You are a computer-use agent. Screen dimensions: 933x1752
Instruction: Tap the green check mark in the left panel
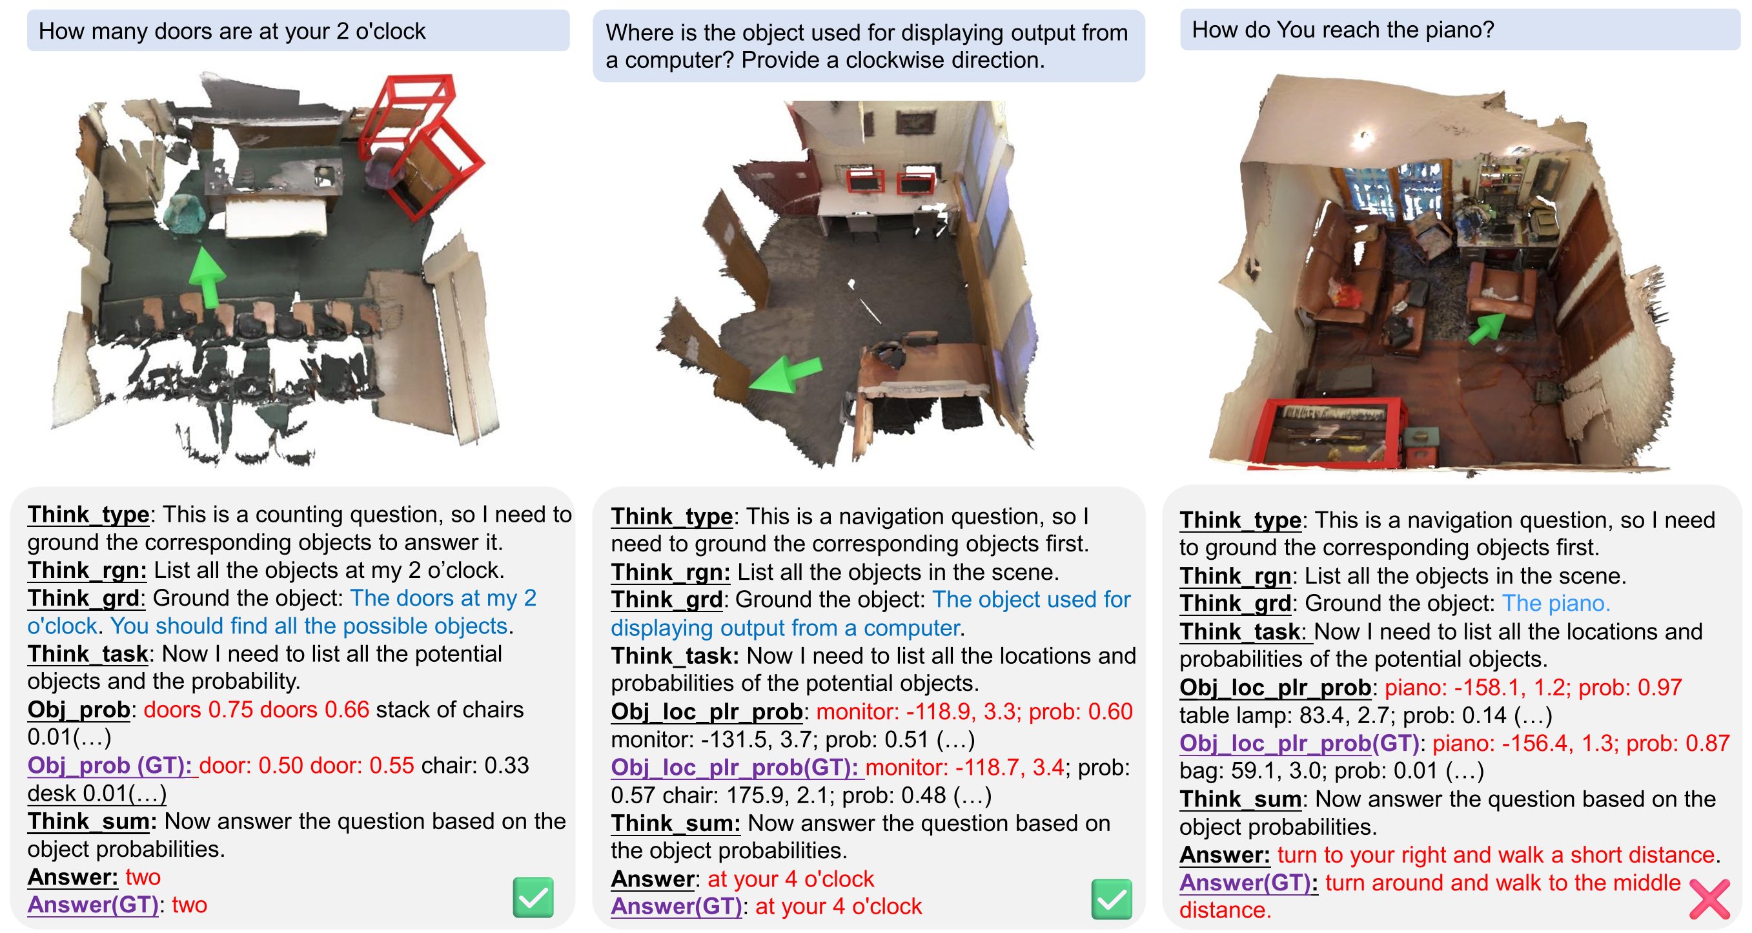(x=533, y=897)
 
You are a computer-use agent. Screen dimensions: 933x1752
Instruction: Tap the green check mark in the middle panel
(x=1112, y=898)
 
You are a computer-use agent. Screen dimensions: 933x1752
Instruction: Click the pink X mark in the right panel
(x=1709, y=898)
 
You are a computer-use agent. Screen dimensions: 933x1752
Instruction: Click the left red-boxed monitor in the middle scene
(x=865, y=181)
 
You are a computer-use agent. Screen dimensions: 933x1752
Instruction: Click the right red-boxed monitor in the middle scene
(x=915, y=183)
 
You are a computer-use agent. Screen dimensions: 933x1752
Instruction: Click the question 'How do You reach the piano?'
(x=1343, y=30)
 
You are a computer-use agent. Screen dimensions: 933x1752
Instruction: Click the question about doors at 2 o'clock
(x=231, y=31)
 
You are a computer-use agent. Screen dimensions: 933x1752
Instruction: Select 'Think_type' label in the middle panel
(x=671, y=516)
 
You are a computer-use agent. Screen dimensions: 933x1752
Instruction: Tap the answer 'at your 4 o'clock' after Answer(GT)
(x=838, y=906)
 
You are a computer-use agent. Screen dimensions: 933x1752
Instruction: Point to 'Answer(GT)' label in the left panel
(x=92, y=905)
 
